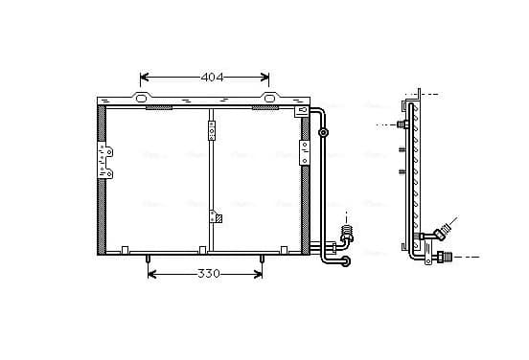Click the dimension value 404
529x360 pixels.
click(212, 78)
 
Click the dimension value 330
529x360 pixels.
click(209, 274)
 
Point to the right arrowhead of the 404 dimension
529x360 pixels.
click(264, 78)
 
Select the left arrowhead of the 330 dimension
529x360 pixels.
click(152, 274)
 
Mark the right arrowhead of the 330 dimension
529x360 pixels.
click(258, 274)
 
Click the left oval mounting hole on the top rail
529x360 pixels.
click(141, 99)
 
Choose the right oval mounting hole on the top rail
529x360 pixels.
click(269, 99)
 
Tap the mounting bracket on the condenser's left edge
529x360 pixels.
click(104, 160)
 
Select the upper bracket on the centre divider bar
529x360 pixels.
click(212, 130)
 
